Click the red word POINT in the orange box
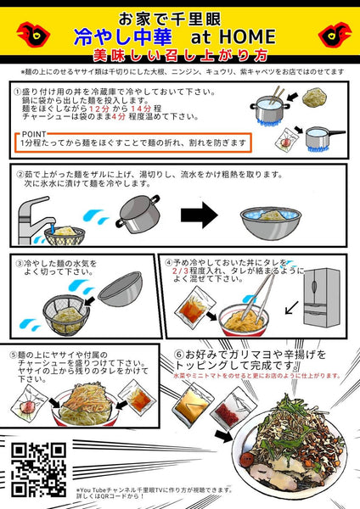34,134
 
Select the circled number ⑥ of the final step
178,354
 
